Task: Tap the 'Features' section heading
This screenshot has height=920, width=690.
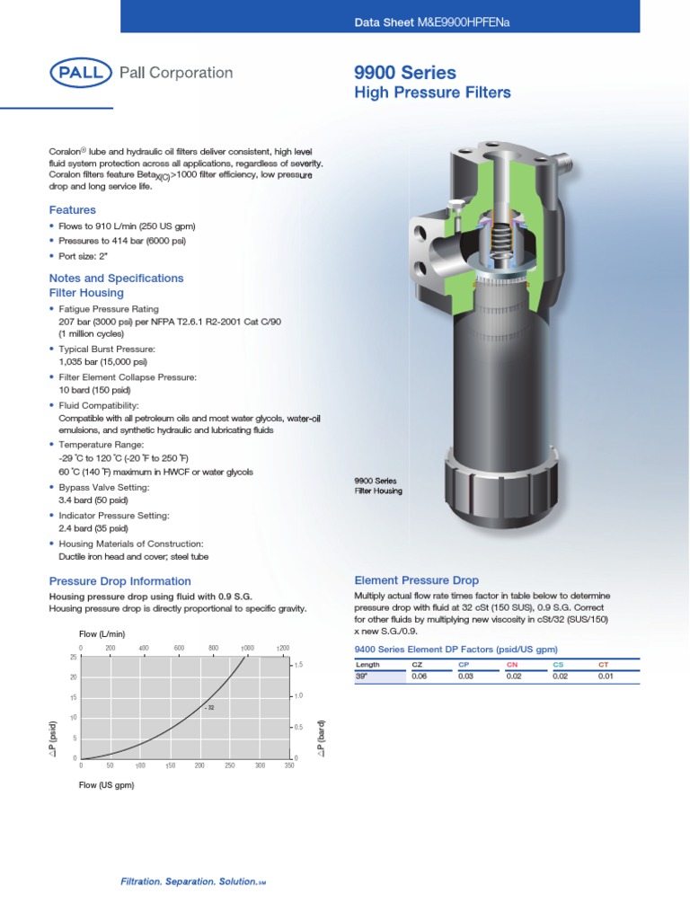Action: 72,210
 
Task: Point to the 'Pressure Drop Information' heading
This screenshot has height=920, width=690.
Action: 119,581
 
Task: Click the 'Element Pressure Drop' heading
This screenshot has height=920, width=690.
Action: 417,580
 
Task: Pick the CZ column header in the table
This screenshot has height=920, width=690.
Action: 417,665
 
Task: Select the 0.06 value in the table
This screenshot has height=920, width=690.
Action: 419,677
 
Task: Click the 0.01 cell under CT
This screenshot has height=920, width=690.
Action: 606,677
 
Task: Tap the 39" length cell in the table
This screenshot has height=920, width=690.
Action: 362,677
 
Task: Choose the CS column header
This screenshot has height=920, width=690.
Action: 558,665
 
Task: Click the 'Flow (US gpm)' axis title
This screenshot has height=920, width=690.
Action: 106,784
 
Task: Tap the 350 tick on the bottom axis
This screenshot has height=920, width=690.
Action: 288,765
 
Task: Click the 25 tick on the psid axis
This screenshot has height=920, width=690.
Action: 73,657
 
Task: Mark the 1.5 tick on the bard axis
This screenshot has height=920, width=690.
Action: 299,665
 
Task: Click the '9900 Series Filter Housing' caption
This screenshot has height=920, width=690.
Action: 378,486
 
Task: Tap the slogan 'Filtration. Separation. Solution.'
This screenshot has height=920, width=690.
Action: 190,881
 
